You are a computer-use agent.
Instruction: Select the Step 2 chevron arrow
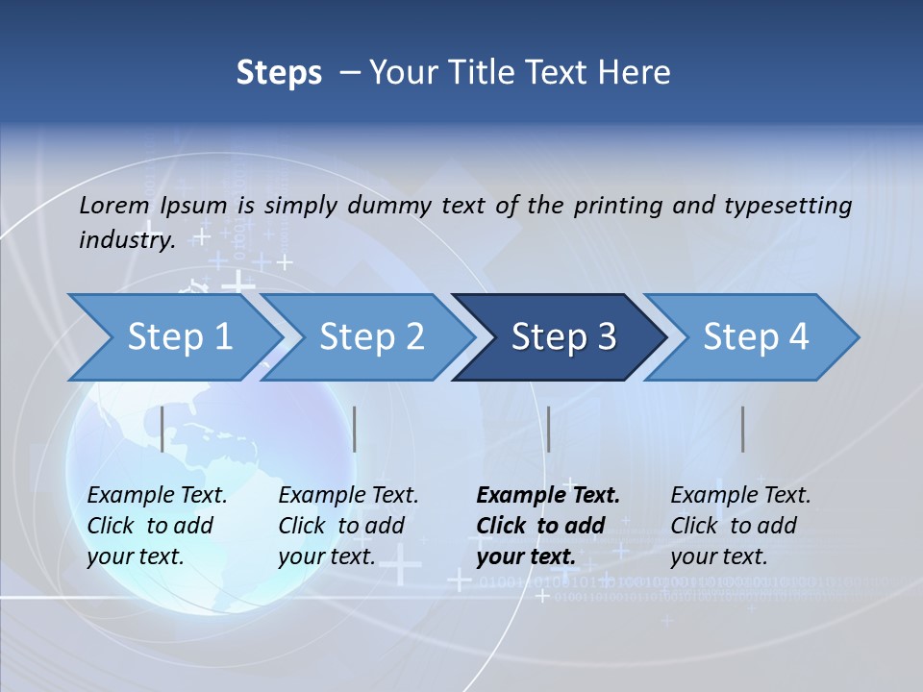click(371, 337)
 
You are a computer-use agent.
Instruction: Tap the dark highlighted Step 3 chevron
click(562, 337)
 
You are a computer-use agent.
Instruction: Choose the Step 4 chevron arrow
click(755, 337)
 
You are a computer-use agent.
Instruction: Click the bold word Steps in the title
click(279, 73)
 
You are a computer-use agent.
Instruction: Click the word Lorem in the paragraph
click(114, 206)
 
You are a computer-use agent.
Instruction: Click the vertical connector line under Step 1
click(162, 429)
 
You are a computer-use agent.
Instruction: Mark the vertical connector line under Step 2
click(355, 429)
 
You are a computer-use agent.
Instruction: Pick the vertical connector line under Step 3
click(548, 429)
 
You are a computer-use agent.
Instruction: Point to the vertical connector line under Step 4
click(743, 429)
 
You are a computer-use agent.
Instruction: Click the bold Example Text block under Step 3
click(548, 526)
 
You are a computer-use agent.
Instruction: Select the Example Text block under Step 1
click(157, 526)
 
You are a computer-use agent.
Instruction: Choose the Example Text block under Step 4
click(740, 526)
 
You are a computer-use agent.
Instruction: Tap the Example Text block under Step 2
click(348, 526)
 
